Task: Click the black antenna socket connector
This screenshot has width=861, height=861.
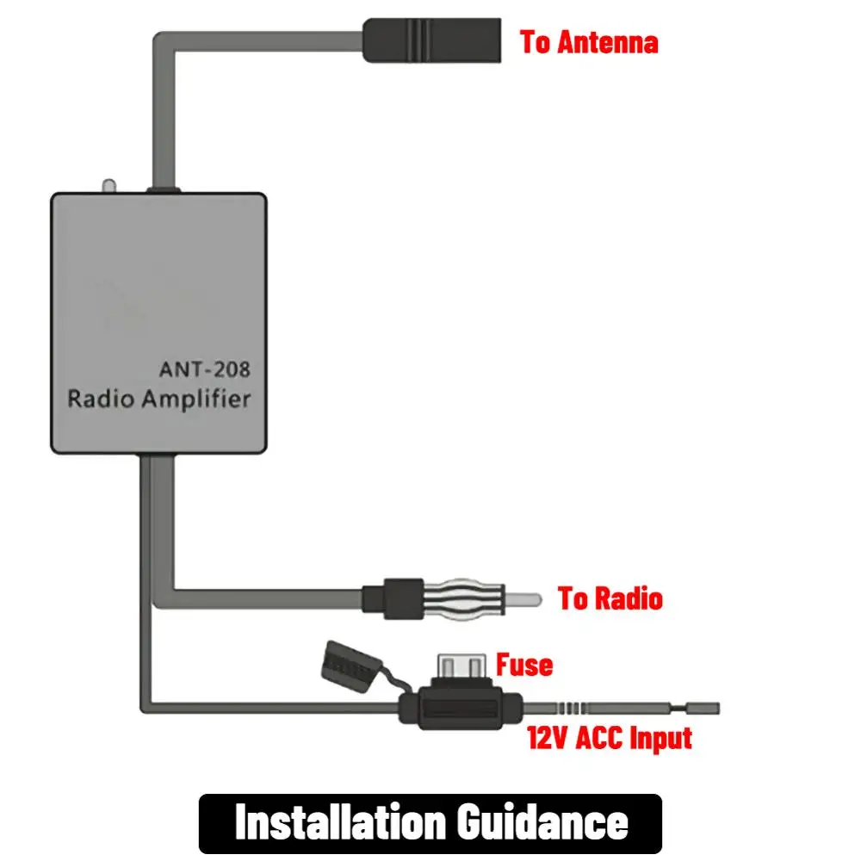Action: coord(431,40)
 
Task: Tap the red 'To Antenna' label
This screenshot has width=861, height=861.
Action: coord(589,42)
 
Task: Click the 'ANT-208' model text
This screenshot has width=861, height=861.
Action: coord(204,369)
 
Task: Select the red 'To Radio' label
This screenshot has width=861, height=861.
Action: coord(610,598)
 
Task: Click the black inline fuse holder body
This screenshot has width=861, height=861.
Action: coord(461,708)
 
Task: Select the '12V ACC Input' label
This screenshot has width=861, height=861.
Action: coord(609,738)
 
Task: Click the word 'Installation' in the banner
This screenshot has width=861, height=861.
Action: coord(339,821)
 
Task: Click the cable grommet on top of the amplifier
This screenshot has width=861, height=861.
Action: coord(163,189)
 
